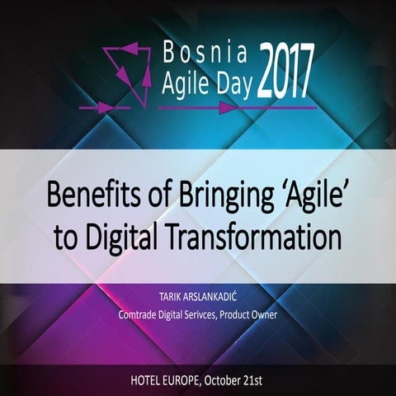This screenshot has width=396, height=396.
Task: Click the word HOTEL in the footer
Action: point(150,380)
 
